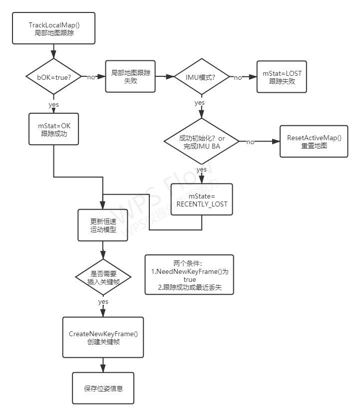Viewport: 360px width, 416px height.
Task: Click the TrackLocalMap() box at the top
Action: pos(53,28)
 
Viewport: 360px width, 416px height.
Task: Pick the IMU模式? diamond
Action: pos(202,77)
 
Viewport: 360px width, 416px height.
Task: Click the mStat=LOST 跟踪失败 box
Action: pos(282,77)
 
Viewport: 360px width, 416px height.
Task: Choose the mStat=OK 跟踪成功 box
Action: pos(53,129)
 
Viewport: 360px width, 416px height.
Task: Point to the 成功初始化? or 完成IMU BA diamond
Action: pos(202,142)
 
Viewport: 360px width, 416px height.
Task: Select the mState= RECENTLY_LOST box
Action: pos(202,200)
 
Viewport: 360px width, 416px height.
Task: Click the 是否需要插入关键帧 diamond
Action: pos(103,277)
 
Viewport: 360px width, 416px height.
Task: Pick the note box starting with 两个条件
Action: pos(189,275)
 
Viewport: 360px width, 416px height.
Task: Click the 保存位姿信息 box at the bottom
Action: pos(103,388)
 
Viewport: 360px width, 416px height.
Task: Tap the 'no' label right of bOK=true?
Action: pos(92,77)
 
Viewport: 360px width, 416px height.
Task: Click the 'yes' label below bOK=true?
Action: pos(53,105)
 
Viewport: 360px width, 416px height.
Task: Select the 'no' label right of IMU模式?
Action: pos(238,77)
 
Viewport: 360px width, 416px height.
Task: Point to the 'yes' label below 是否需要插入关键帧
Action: pos(103,302)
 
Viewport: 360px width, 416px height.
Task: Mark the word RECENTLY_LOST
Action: pos(202,204)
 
